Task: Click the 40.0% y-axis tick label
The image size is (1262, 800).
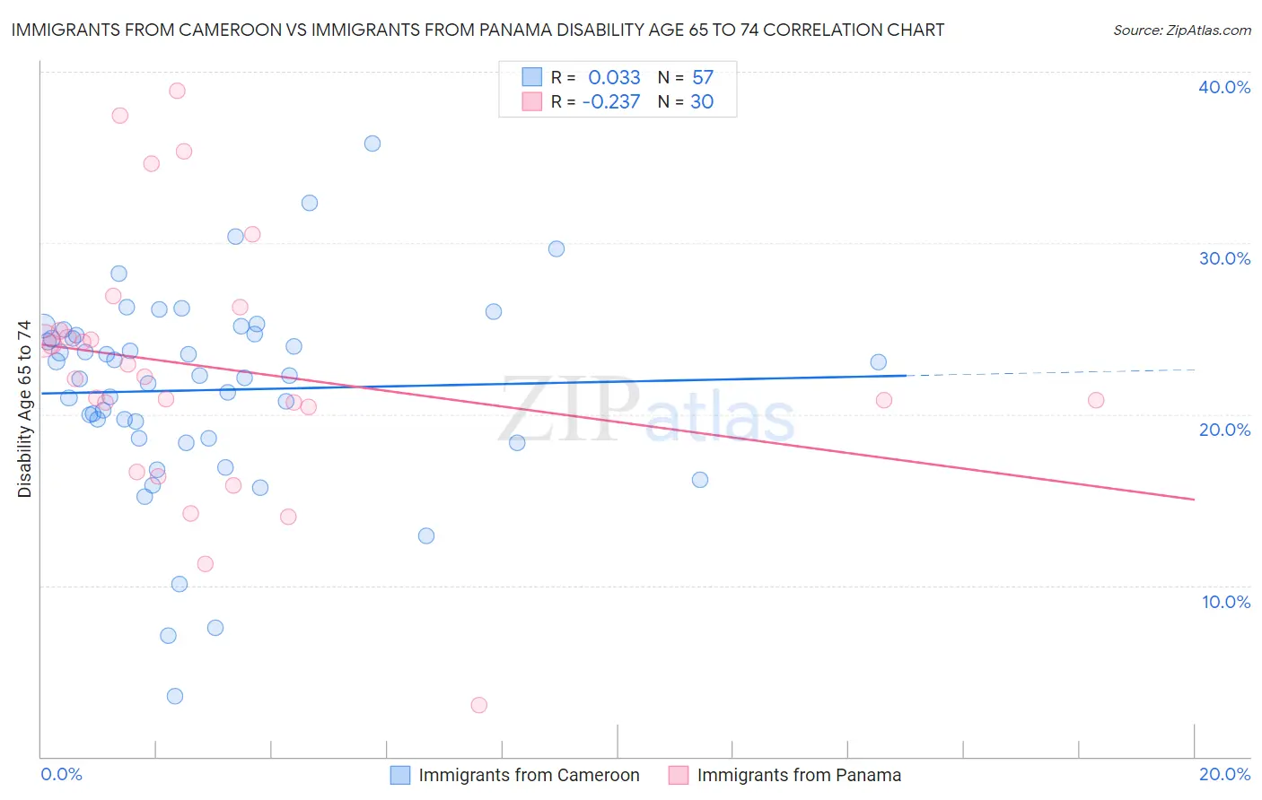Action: point(1224,87)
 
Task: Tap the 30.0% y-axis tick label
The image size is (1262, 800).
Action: point(1224,258)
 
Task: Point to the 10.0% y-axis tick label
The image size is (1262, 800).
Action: point(1226,602)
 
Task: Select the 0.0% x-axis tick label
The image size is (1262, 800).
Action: point(61,774)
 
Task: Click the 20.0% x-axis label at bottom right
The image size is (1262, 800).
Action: point(1224,774)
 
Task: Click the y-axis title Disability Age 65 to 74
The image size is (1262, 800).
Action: point(24,408)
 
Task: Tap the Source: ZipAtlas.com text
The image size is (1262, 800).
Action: point(1181,30)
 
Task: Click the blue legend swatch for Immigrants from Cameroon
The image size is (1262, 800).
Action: point(400,775)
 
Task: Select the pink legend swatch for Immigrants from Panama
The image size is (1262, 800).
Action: point(679,775)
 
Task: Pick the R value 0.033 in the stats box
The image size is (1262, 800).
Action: point(614,78)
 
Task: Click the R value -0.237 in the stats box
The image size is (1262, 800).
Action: point(610,102)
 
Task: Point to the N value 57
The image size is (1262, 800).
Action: point(702,78)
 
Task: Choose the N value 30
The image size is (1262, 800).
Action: point(702,102)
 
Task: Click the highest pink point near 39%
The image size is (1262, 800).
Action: point(177,91)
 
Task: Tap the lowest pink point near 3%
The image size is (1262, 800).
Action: point(479,705)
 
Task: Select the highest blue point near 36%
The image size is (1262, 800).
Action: point(372,143)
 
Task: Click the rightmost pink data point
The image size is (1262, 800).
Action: point(1096,400)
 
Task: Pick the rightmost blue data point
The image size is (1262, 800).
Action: point(879,362)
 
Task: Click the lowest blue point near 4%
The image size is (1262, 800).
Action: point(175,696)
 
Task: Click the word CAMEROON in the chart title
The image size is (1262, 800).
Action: point(237,30)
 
